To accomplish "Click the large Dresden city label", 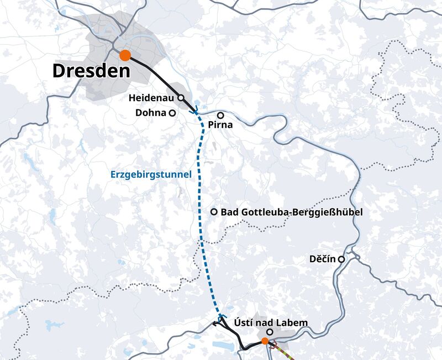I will [91, 71].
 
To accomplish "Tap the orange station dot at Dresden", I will [125, 55].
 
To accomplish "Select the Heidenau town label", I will [152, 98].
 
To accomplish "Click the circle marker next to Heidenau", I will [180, 97].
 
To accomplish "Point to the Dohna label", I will [150, 113].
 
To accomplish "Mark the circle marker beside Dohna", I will [172, 113].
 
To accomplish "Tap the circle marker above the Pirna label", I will [220, 116].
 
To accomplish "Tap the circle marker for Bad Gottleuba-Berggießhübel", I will [214, 212].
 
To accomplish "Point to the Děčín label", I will [324, 259].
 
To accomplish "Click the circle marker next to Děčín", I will [341, 259].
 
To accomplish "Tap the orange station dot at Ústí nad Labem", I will [265, 341].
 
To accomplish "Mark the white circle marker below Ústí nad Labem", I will [270, 332].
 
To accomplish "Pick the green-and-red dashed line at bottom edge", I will [286, 354].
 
